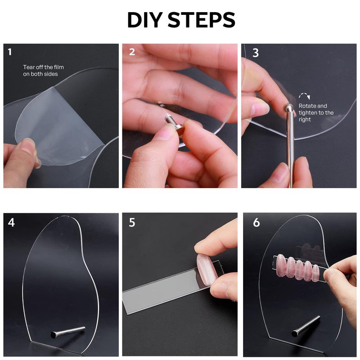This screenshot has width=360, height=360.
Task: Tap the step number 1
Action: pos(9,52)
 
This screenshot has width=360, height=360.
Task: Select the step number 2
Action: pos(132,52)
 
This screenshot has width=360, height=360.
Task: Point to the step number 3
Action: pos(256,53)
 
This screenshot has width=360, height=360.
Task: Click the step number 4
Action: pos(11,222)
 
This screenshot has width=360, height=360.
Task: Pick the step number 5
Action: pos(132,222)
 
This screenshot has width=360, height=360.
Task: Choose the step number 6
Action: pos(256,222)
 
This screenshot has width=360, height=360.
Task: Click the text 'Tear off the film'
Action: pos(43,67)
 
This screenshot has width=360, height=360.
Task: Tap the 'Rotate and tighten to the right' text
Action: pos(316,112)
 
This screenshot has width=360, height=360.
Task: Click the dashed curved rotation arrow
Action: pos(305,96)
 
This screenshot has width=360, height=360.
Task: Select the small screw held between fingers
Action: pos(174,124)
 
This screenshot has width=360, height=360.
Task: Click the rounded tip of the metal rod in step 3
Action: pos(288,107)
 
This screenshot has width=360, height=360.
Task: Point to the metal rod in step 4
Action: pos(68,332)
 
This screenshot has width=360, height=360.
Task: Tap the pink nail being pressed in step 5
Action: pos(207,270)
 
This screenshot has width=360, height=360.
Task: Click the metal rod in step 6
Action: pos(306,326)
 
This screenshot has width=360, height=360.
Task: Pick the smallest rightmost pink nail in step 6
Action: pos(316,273)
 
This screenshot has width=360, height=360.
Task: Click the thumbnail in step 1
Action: pos(27,145)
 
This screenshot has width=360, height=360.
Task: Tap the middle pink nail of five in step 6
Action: pos(299,270)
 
